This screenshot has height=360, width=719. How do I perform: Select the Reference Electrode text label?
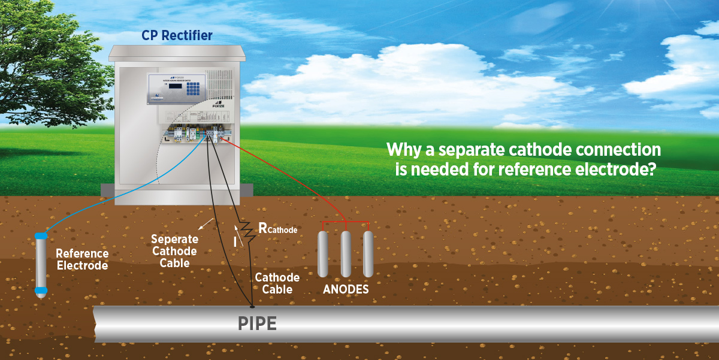83,259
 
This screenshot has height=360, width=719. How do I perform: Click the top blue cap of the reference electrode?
41,237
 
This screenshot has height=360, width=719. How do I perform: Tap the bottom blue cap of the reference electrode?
41,291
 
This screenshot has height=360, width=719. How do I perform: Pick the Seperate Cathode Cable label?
174,251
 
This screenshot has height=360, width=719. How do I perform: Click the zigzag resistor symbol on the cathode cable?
247,231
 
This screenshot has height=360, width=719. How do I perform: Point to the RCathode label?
277,228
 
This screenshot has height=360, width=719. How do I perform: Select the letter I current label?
234,243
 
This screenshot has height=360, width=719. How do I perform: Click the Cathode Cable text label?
277,283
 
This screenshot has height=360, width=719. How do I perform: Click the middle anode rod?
346,253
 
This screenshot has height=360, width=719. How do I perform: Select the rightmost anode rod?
368,253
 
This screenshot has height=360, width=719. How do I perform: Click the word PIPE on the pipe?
257,323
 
